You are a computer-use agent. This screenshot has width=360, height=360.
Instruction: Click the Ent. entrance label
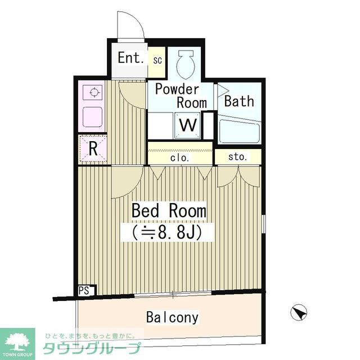click(131, 57)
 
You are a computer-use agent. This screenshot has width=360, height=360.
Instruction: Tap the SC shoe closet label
click(157, 59)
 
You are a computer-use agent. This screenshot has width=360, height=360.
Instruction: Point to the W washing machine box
click(187, 125)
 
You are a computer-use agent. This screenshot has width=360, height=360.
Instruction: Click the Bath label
click(239, 102)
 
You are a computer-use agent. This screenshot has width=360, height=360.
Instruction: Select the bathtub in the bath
click(238, 132)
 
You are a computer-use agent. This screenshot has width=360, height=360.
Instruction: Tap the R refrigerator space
click(93, 149)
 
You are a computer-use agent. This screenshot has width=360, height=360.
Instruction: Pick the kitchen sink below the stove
click(93, 117)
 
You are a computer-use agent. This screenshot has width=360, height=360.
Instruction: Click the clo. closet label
click(180, 158)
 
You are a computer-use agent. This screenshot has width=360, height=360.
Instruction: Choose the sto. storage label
click(237, 157)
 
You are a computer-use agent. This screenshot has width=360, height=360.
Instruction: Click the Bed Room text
click(169, 211)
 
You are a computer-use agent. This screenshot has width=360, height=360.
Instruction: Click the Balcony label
click(172, 318)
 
